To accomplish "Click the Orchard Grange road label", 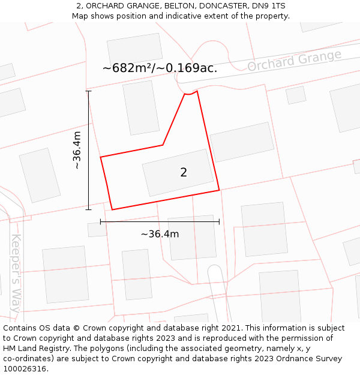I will coord(294,60).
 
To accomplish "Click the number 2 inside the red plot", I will coord(184,173).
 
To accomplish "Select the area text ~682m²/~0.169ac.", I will coord(160,68).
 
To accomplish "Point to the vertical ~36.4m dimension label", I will coord(77,150).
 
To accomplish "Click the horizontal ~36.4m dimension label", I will coord(160,234).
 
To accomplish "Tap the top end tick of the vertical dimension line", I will coord(88,91).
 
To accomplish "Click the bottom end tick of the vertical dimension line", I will coord(88,209).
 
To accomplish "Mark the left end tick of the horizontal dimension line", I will coord(101,222).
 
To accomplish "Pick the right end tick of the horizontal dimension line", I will coord(219,222).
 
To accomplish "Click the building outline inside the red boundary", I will coord(178,172).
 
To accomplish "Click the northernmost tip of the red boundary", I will coord(196,91).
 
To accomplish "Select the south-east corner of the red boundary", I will coord(219,190).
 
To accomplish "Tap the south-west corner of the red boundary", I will coord(112,209).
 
